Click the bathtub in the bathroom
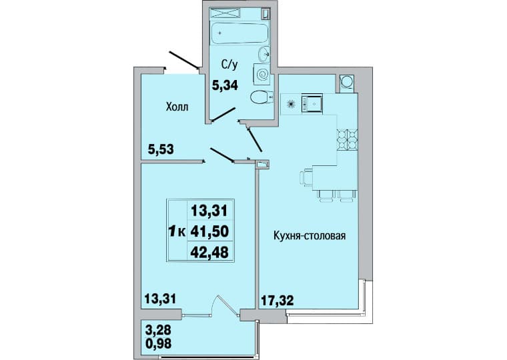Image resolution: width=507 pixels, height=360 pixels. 239,33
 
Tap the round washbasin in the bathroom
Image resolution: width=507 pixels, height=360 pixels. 264,54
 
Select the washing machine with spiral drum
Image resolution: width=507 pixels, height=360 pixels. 262,75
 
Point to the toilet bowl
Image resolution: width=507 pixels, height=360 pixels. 262,97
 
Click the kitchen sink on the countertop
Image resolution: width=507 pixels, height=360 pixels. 312,103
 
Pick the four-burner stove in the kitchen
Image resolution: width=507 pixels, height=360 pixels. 348,140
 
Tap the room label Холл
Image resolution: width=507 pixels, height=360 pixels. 177,107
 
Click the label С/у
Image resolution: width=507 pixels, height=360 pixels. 229,65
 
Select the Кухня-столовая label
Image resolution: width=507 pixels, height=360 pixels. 310,235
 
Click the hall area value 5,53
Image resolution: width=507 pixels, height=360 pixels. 161,149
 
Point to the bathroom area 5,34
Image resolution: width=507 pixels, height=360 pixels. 225,85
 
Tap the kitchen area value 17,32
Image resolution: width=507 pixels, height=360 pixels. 277,301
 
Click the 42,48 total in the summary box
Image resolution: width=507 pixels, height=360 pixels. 209,253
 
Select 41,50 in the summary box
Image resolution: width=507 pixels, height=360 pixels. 209,231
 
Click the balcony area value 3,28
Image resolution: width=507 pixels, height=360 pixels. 159,331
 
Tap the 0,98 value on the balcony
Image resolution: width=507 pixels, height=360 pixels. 159,343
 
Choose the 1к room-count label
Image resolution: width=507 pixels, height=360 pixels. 177,231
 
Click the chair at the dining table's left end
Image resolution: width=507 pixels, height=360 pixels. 306,178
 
